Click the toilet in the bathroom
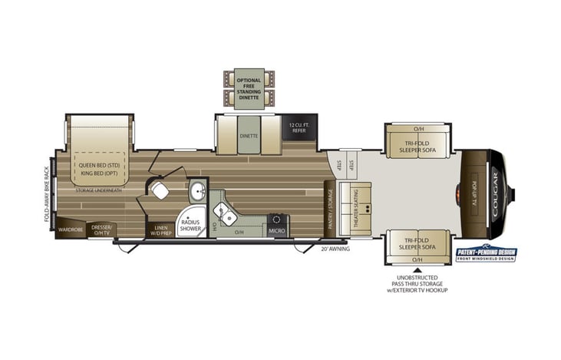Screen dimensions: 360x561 pos(160,190)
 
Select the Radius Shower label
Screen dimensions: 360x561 pos(190,225)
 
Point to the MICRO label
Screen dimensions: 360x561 pos(277,230)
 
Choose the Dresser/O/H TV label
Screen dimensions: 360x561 pos(102,229)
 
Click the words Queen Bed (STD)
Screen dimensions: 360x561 pos(97,164)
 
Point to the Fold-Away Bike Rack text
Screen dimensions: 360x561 pos(47,193)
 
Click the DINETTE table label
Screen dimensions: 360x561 pos(249,136)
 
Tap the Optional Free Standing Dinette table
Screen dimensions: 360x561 pos(249,88)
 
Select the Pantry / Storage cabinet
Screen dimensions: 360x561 pos(329,209)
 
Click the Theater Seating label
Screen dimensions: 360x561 pos(354,201)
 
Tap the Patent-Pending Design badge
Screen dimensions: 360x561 pos(487,254)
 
